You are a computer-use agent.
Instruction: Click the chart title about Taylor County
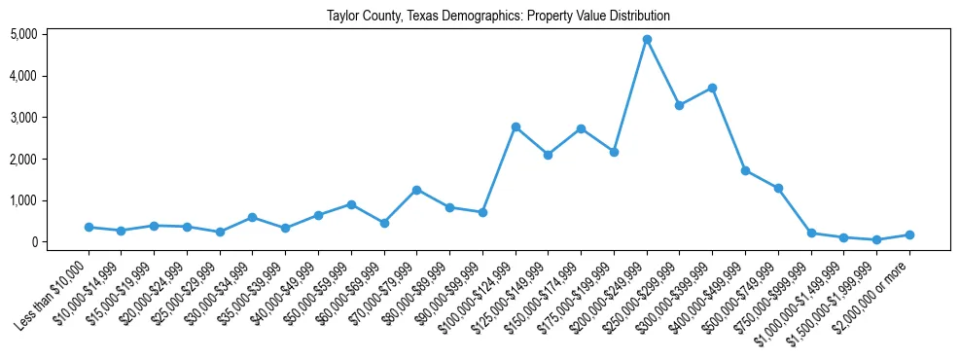point(498,17)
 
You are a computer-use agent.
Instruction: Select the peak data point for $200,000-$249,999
point(647,39)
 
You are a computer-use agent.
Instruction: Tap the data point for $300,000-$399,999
point(712,88)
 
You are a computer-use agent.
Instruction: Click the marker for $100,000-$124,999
point(516,126)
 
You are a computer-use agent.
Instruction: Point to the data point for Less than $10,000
point(89,227)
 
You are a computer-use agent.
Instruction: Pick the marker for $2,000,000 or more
point(909,234)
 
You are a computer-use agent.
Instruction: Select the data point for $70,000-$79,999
point(416,190)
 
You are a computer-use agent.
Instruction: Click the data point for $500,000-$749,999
point(778,188)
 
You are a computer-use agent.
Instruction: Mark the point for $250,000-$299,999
point(680,105)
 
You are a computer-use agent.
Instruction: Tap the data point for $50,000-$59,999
point(351,204)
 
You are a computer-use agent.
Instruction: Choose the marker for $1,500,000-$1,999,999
point(876,239)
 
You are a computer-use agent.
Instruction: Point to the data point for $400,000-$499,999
point(745,170)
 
